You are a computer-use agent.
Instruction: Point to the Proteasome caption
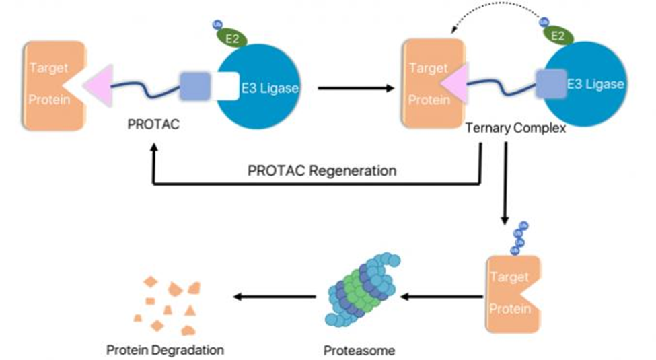[x=359, y=350]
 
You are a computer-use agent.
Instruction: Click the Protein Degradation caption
[x=165, y=350]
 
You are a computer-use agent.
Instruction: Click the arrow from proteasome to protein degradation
[x=276, y=296]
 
